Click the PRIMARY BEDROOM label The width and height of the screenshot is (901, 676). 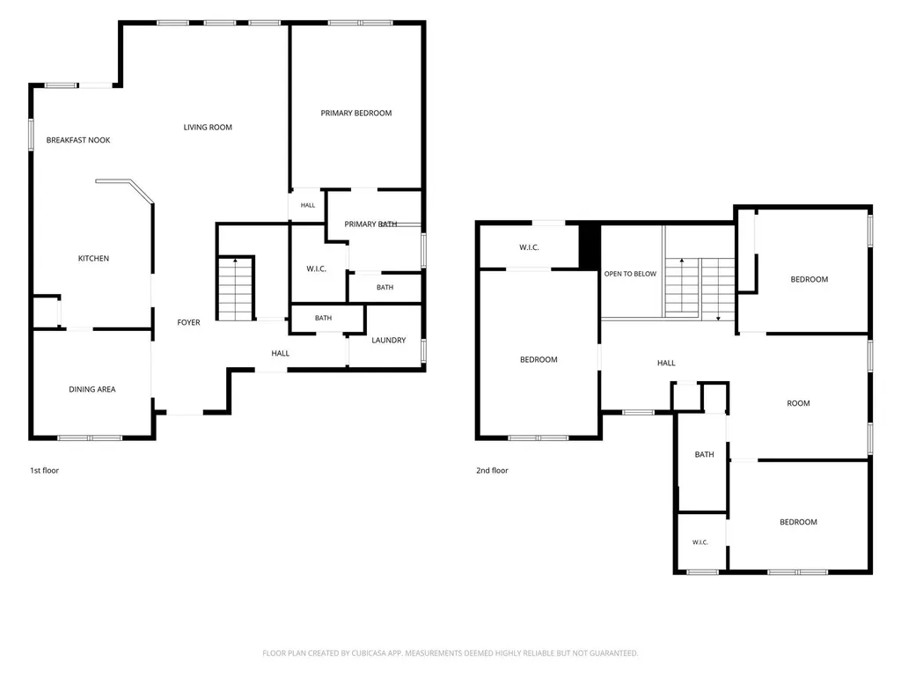click(356, 114)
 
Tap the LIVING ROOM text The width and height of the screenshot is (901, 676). click(208, 127)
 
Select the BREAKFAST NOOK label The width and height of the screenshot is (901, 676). click(78, 140)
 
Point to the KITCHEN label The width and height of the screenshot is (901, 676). click(93, 258)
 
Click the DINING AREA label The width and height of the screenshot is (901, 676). click(92, 389)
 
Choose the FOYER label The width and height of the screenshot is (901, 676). click(188, 322)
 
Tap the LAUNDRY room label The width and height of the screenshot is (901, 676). click(388, 340)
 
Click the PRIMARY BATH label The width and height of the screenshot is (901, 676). click(370, 224)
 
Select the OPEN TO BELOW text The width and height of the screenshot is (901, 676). click(630, 274)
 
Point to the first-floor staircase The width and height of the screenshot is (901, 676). click(236, 289)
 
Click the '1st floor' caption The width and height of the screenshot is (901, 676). click(44, 470)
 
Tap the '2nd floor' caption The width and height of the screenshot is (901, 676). click(492, 470)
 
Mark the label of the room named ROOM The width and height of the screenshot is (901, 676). click(798, 403)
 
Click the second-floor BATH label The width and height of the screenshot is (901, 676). click(704, 454)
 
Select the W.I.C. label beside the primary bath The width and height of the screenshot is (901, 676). click(316, 268)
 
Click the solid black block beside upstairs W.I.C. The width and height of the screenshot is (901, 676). click(589, 246)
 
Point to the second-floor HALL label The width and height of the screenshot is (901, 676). click(666, 363)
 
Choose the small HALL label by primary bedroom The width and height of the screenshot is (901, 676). click(307, 205)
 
